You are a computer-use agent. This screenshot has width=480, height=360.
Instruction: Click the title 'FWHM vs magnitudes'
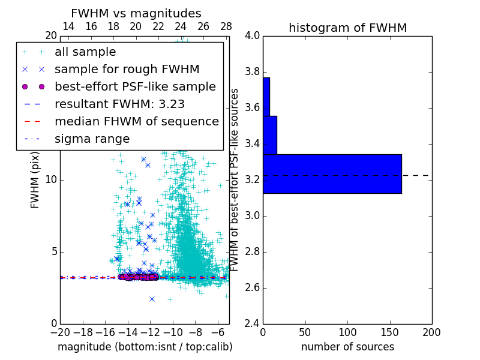[x=136, y=14]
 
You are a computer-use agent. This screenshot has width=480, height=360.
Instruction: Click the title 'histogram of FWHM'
[x=347, y=28]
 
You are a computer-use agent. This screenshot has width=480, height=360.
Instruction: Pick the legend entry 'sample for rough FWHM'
[x=127, y=70]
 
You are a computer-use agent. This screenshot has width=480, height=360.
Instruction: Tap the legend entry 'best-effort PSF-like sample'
[x=135, y=86]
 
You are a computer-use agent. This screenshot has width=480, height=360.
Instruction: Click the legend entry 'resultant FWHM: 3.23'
[x=119, y=104]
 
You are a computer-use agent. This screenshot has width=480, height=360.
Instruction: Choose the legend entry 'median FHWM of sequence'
[x=137, y=121]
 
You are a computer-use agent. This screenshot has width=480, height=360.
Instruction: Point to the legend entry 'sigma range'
[x=92, y=139]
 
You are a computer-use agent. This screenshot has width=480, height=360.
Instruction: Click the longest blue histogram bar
[x=332, y=173]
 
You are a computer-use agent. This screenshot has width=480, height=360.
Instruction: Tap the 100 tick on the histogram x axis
[x=347, y=332]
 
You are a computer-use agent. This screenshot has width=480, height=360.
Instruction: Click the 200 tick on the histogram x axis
[x=431, y=332]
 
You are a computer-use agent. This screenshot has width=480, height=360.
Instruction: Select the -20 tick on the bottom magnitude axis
[x=60, y=332]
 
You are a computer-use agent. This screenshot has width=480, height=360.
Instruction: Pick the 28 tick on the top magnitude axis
[x=226, y=26]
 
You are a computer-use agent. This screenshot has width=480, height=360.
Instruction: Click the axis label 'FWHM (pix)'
[x=35, y=180]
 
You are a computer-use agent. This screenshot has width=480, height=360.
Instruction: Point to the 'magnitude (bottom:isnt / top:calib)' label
[x=145, y=347]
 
